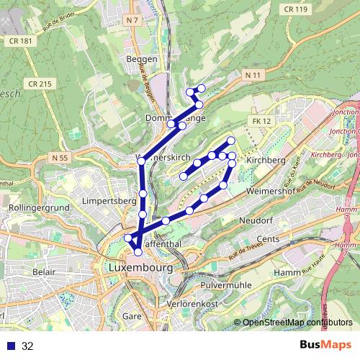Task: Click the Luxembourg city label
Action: click(141, 267)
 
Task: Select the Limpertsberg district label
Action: click(109, 200)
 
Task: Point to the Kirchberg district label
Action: click(266, 160)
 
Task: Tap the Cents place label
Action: click(268, 238)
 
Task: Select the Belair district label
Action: click(43, 273)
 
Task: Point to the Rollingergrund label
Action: click(37, 208)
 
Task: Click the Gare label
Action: click(132, 316)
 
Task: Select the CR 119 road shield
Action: click(297, 9)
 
